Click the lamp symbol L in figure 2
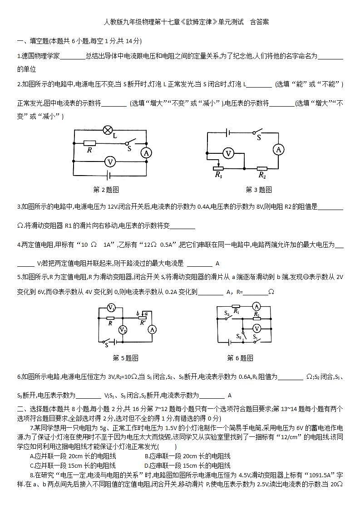(x=108, y=131)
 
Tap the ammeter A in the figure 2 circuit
(x=146, y=153)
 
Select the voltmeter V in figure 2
(x=108, y=161)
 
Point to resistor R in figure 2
(x=90, y=143)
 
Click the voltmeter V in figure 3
(x=229, y=154)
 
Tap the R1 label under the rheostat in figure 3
(x=219, y=174)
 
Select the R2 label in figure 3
(x=262, y=174)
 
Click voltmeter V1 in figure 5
(x=111, y=308)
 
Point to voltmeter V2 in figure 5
(x=122, y=329)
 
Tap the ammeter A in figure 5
(x=152, y=330)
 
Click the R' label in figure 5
(x=143, y=324)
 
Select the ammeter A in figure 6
(x=256, y=306)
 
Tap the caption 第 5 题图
(x=125, y=358)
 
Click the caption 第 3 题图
(x=259, y=190)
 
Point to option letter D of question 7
(x=147, y=465)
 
